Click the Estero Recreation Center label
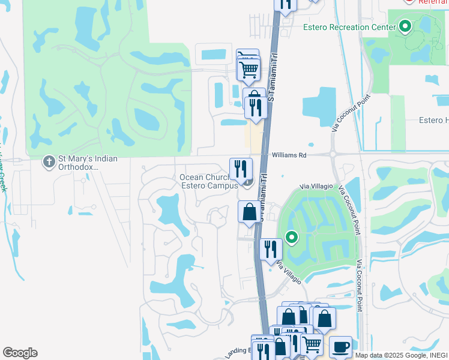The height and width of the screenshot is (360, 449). click(349, 27)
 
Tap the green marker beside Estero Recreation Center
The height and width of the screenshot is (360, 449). click(405, 26)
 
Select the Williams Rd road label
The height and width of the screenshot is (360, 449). click(289, 155)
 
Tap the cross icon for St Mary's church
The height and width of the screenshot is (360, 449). click(49, 161)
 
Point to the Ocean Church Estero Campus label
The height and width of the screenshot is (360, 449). click(208, 181)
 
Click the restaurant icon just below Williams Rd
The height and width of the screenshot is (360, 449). click(241, 168)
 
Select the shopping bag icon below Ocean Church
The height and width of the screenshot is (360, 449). click(249, 212)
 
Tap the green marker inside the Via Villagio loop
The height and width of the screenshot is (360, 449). click(292, 238)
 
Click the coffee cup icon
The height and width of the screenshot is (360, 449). click(340, 347)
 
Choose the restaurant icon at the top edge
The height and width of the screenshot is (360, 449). click(286, 4)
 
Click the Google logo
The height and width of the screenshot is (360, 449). click(20, 353)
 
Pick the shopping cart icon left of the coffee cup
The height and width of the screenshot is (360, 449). click(312, 344)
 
